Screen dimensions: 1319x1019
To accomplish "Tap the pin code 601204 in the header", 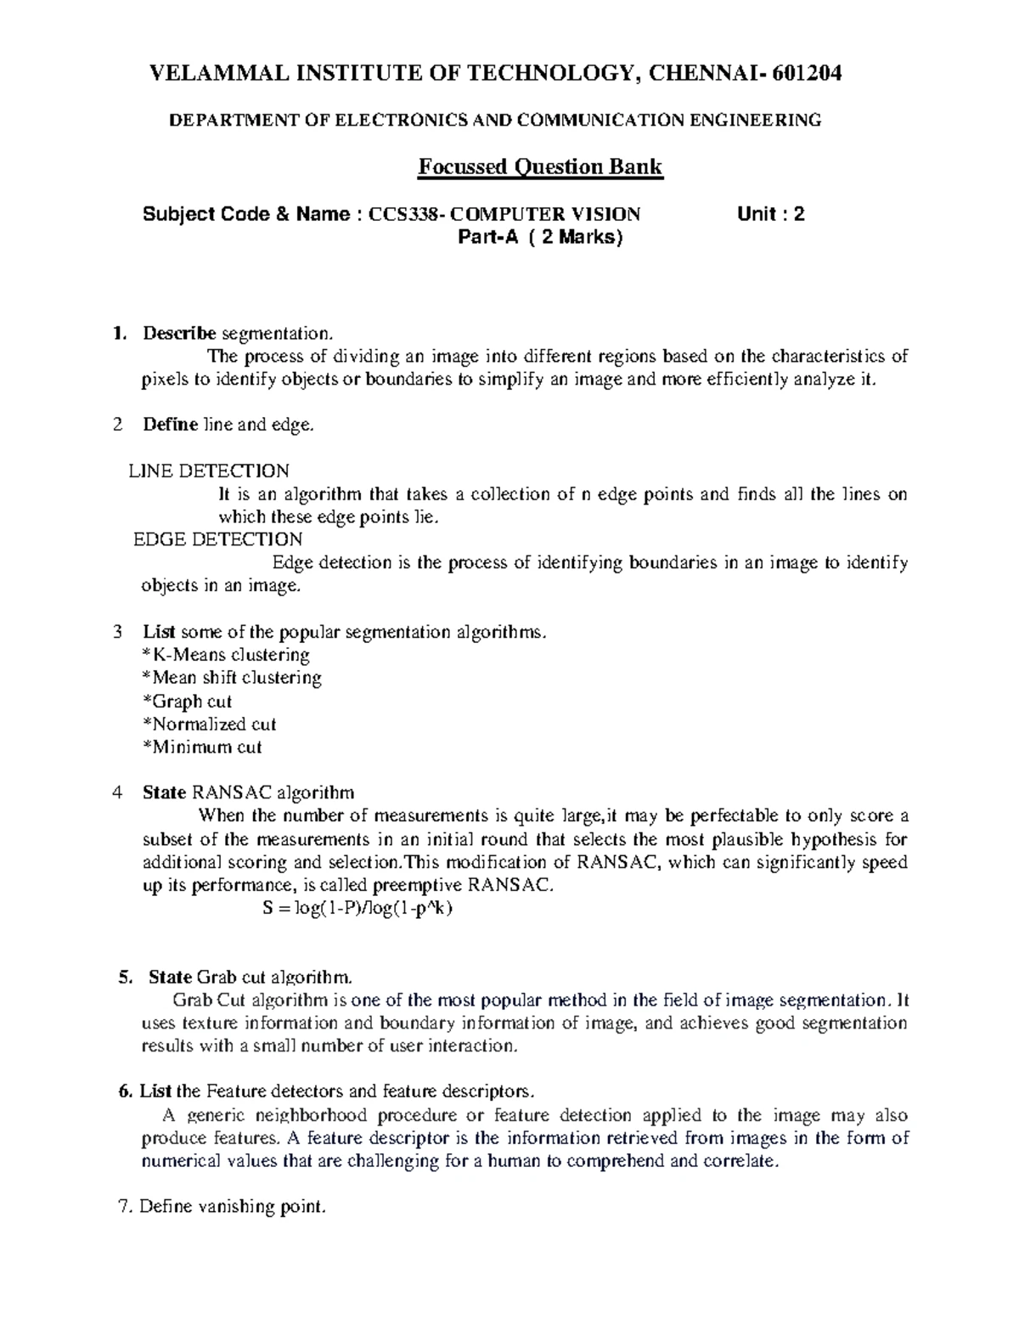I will [807, 75].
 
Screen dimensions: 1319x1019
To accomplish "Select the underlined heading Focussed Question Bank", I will [539, 166].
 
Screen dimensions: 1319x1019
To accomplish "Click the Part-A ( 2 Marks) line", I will [540, 238].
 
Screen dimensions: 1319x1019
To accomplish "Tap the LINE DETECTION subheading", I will [209, 471].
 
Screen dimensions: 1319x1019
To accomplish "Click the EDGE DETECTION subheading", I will [218, 539].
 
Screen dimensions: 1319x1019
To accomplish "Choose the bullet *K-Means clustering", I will [226, 655].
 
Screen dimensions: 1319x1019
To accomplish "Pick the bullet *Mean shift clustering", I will [232, 678].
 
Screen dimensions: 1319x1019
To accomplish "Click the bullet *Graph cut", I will [187, 702].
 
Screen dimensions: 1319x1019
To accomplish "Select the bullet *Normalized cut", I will [209, 724].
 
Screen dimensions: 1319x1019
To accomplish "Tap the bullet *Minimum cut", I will [202, 747].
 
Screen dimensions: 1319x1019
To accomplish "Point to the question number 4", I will [118, 793].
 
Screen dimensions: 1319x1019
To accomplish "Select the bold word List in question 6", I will [156, 1091].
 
